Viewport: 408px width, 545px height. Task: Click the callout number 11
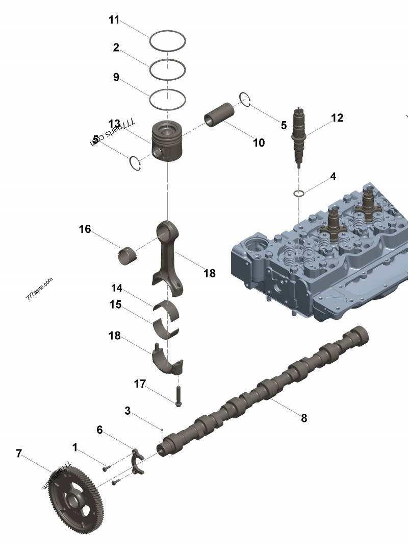114,20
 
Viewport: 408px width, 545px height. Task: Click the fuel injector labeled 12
298,135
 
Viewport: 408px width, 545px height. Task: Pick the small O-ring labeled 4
299,193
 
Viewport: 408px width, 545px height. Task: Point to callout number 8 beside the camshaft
304,418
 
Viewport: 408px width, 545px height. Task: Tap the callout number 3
127,411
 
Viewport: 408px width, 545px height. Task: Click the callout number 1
75,448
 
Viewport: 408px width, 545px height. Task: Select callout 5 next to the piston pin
284,125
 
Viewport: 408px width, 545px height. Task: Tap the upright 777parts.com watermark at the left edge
39,289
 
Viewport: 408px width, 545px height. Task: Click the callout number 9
116,77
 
